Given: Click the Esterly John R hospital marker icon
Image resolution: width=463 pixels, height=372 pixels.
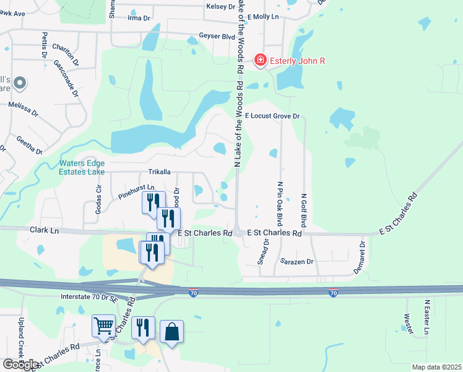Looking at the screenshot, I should [x=261, y=60].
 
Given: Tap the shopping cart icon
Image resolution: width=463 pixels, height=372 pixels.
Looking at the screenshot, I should [x=103, y=325].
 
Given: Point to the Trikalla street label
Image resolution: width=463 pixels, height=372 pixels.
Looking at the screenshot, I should [x=159, y=172].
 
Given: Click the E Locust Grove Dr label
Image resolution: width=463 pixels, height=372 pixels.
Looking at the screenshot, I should [x=272, y=116].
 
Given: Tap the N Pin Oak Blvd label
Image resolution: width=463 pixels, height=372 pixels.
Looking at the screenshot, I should [x=280, y=203].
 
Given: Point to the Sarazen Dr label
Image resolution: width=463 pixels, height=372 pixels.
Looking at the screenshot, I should [x=297, y=262].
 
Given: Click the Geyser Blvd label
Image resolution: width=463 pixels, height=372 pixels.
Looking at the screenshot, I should [x=217, y=37].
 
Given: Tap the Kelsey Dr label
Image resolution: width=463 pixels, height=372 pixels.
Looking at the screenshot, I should [x=222, y=7].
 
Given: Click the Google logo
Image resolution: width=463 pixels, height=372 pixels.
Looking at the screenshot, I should [x=20, y=364].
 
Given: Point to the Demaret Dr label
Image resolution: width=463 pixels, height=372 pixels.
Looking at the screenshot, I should [x=363, y=254].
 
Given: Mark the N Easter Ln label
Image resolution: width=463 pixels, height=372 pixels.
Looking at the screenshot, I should [x=426, y=317].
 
